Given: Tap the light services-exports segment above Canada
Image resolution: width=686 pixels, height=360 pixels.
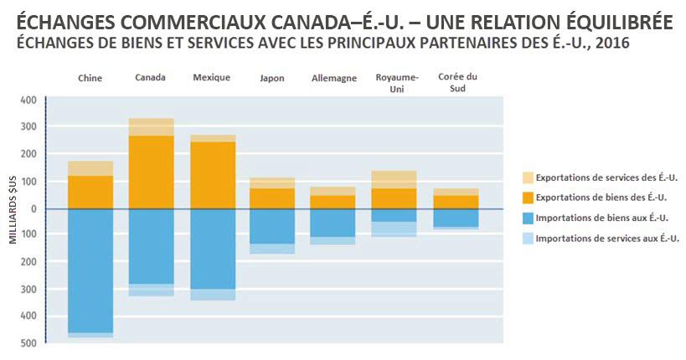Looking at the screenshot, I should (151, 126).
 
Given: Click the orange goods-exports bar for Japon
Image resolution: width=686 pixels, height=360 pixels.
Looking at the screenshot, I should (272, 198).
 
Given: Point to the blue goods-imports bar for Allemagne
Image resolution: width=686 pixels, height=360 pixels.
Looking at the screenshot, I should (333, 222).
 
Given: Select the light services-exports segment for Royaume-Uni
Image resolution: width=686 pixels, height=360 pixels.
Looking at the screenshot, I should (395, 179).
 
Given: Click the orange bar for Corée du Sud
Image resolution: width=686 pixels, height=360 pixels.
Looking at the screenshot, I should (456, 202).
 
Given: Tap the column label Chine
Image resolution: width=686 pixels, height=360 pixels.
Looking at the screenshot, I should (90, 78).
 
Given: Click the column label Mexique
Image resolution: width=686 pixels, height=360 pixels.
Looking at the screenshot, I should (211, 78).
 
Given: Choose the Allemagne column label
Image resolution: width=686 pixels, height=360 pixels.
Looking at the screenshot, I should (333, 78).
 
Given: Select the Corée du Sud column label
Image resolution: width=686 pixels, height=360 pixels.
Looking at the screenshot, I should (457, 82).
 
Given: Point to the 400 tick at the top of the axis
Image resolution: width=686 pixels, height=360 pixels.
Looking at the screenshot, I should (27, 100).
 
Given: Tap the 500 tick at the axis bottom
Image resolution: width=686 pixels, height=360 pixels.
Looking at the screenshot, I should (27, 343).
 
